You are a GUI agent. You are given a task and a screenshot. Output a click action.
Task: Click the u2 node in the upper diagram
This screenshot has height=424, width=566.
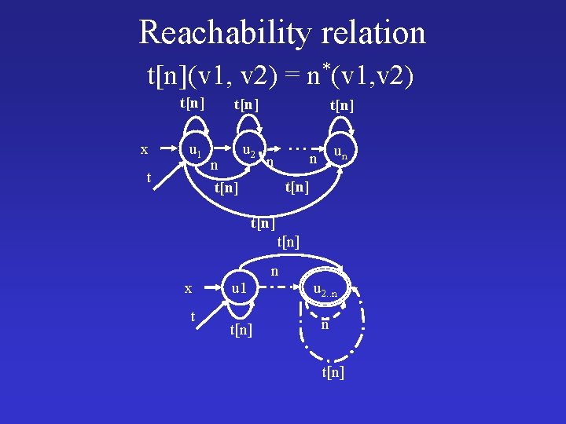coord(248,148)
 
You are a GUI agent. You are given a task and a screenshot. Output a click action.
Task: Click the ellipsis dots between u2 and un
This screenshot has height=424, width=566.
coord(296,147)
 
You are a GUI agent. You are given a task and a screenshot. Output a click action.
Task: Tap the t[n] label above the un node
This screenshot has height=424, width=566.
coord(342,105)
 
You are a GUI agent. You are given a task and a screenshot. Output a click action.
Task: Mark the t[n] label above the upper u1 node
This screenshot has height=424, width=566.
coord(193,103)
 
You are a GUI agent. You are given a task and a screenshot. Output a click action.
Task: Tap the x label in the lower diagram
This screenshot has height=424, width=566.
coord(188,288)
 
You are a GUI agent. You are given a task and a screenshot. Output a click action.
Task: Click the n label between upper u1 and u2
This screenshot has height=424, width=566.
coord(214,165)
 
